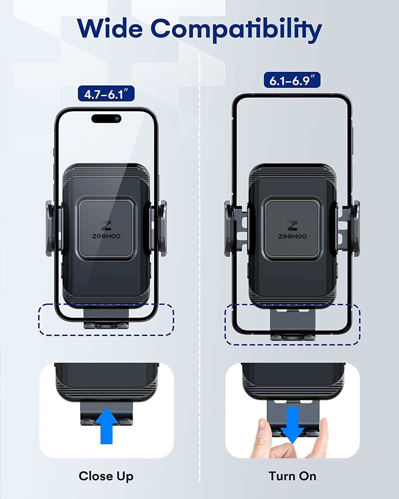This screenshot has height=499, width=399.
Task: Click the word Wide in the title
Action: click(110, 29)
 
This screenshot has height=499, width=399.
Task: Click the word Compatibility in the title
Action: click(236, 29)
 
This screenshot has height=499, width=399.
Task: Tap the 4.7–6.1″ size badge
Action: click(106, 94)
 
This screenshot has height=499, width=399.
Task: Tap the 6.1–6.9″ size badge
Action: click(292, 80)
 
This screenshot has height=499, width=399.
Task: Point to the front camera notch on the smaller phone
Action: click(106, 118)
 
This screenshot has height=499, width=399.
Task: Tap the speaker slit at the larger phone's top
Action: click(292, 96)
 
